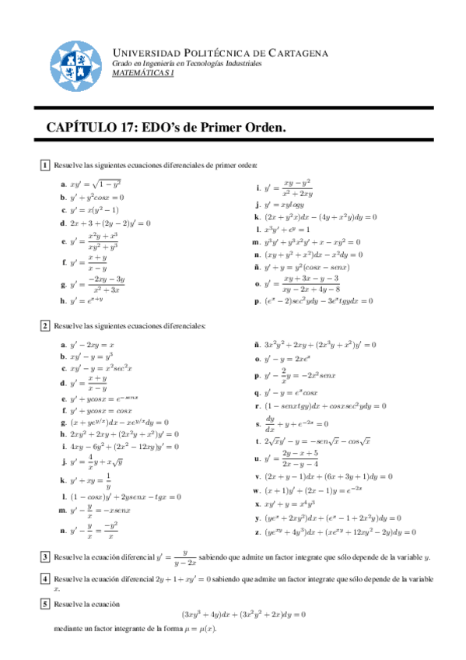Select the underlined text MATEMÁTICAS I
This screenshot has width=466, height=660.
[x=143, y=72]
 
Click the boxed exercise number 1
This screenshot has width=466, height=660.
[x=45, y=165]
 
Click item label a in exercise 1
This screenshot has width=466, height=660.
[x=63, y=184]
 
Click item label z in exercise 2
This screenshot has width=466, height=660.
[x=258, y=532]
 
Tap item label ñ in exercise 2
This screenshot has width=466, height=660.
[x=258, y=344]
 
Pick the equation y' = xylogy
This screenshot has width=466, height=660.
[x=286, y=205]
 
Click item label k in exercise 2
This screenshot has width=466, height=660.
[x=63, y=480]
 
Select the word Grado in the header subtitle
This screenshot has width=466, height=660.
[x=124, y=63]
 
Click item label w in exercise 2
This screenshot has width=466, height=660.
[x=257, y=490]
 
